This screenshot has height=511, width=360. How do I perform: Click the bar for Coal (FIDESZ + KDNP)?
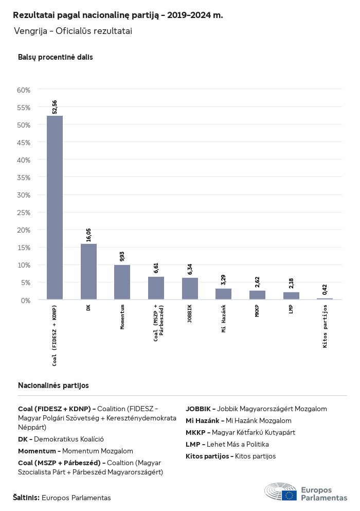(x=55, y=207)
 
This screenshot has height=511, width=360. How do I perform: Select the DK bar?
(x=88, y=271)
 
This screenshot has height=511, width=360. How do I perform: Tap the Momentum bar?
(x=122, y=282)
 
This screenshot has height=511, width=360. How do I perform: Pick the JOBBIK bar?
(x=190, y=288)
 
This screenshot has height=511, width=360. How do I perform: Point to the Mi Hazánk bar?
(x=223, y=294)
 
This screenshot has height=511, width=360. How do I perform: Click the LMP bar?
(x=291, y=296)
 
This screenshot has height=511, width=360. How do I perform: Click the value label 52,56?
(x=55, y=107)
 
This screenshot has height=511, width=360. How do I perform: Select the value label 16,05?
(x=88, y=235)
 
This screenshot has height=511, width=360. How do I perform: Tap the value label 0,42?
(x=325, y=289)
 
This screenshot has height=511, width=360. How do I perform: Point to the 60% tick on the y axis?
(x=24, y=90)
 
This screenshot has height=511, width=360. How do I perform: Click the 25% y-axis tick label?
(x=24, y=213)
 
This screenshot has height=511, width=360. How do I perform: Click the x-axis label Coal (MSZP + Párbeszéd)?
(x=158, y=320)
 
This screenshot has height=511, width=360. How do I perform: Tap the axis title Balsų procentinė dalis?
(x=56, y=57)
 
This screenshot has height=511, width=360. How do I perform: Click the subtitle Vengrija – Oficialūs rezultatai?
(x=73, y=31)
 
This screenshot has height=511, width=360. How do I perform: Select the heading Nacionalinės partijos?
(x=53, y=385)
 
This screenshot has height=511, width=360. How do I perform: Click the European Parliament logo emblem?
(x=280, y=492)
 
